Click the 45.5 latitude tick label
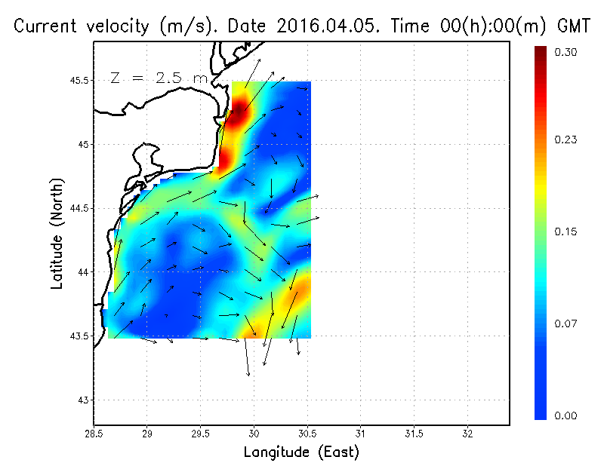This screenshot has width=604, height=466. point(79,80)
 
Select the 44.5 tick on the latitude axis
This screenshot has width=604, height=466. point(79,208)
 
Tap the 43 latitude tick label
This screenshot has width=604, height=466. point(83,400)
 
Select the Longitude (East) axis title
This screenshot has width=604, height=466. point(301,452)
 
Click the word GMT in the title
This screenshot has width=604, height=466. point(572,26)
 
